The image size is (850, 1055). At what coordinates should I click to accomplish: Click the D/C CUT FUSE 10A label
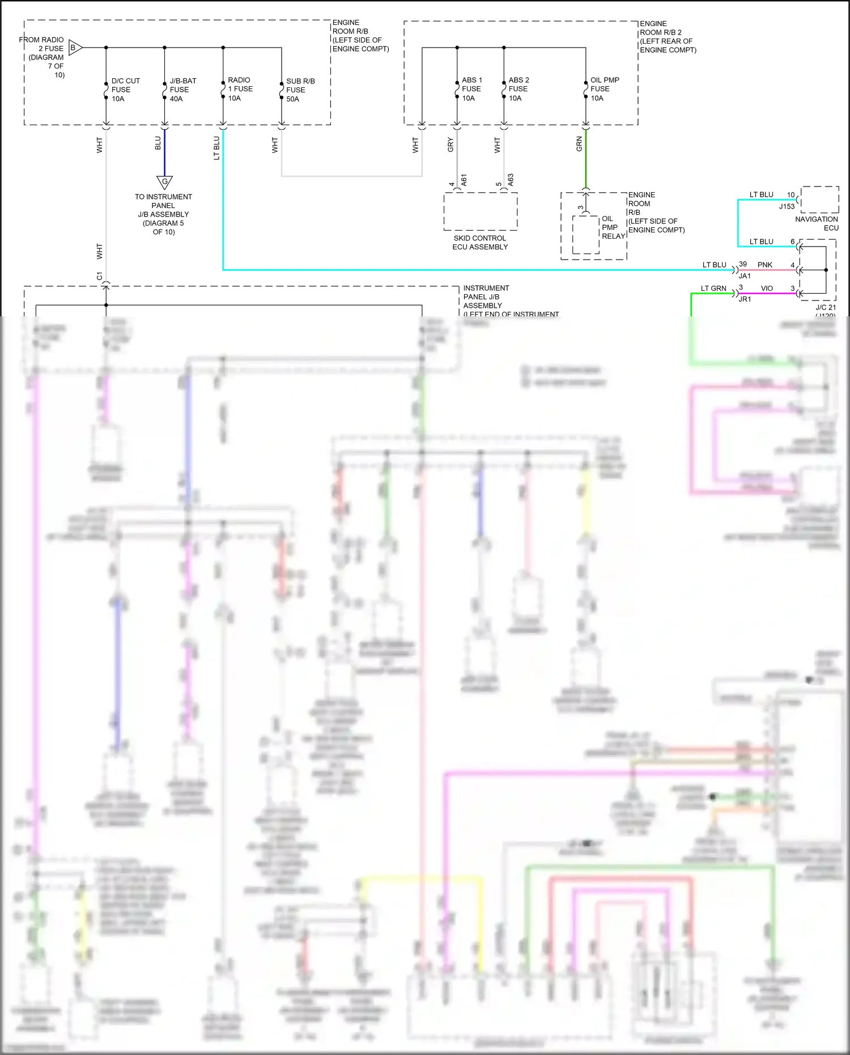pos(125,90)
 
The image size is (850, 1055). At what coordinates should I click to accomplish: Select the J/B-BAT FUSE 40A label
pos(182,90)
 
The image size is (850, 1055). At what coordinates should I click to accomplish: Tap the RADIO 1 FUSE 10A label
pos(240,89)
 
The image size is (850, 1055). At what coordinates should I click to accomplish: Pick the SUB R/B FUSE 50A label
pos(300,90)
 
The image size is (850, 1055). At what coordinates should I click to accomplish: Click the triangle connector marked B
pos(75,48)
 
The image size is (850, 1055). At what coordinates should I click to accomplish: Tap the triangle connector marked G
pos(164,182)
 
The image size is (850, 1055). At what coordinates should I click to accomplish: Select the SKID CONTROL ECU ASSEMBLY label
pos(480,243)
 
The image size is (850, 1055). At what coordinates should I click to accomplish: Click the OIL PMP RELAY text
pos(613,227)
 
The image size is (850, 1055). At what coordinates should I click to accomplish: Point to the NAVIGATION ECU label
pos(817,223)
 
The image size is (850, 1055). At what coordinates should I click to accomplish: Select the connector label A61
pos(464,180)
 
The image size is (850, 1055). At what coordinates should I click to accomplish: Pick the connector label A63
pos(511,180)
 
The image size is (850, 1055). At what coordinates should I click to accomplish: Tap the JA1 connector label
pos(745,276)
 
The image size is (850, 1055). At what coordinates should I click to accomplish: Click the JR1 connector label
pos(745,299)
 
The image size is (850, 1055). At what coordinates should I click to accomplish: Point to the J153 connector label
pos(787,206)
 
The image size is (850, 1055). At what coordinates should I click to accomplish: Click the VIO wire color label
pos(767,289)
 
